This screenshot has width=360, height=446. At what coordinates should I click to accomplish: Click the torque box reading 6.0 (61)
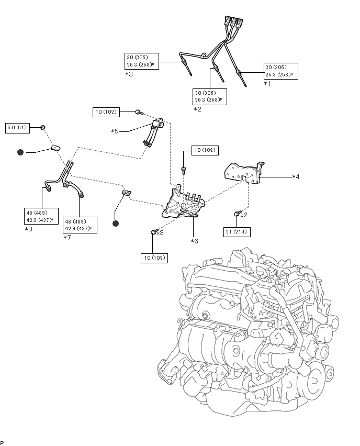pyautogui.click(x=17, y=128)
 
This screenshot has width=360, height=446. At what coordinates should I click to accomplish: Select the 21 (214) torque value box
pyautogui.click(x=237, y=232)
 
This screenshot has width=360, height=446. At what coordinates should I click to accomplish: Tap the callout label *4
pyautogui.click(x=296, y=177)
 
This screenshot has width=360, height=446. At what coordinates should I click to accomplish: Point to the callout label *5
pyautogui.click(x=115, y=131)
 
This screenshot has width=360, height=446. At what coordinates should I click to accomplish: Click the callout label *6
pyautogui.click(x=195, y=241)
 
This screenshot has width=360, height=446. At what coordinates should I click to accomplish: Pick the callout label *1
pyautogui.click(x=267, y=84)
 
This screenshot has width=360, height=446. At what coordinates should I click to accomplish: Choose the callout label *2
pyautogui.click(x=197, y=109)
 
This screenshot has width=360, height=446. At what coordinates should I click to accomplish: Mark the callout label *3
pyautogui.click(x=129, y=74)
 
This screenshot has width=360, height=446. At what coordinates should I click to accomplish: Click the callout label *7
pyautogui.click(x=67, y=238)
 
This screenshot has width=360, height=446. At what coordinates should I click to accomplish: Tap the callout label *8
pyautogui.click(x=28, y=229)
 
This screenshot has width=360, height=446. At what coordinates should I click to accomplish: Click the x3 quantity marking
pyautogui.click(x=160, y=233)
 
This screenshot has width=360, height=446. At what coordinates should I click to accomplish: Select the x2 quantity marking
pyautogui.click(x=244, y=215)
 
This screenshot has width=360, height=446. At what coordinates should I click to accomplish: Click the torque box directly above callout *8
pyautogui.click(x=41, y=216)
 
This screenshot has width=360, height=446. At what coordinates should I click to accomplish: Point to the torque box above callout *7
pyautogui.click(x=80, y=225)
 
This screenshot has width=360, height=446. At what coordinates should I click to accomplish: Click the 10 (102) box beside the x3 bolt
pyautogui.click(x=154, y=258)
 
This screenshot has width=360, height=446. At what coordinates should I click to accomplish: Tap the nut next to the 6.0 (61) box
pyautogui.click(x=43, y=127)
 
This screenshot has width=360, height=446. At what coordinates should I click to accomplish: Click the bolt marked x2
pyautogui.click(x=237, y=213)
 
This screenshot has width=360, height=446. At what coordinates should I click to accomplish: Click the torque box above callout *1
pyautogui.click(x=281, y=71)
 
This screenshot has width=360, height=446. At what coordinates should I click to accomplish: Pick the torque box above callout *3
pyautogui.click(x=142, y=61)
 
